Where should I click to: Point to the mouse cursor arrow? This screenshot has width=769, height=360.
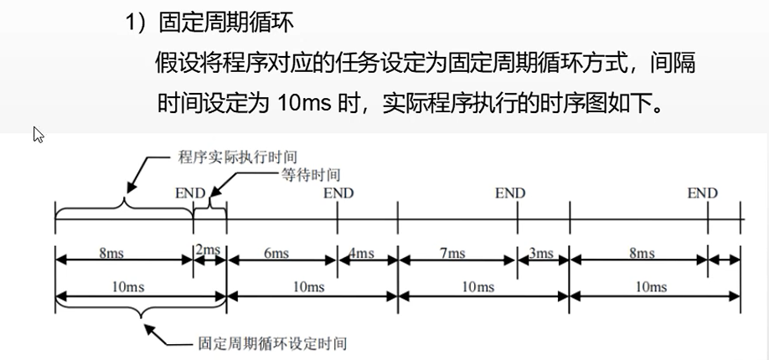[38, 133]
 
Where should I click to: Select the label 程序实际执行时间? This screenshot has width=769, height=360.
[238, 157]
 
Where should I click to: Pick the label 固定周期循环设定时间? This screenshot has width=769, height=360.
[271, 343]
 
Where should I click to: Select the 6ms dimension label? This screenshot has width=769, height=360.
[281, 253]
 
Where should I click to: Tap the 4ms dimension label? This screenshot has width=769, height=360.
[364, 253]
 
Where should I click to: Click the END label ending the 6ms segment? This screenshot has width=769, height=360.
[338, 193]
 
